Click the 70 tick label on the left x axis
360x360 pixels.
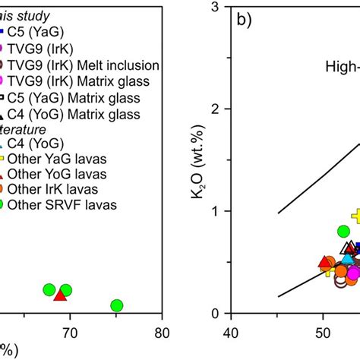pos(70,332)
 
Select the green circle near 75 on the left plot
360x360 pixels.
pos(117,305)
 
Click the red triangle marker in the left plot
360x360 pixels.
pos(60,293)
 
